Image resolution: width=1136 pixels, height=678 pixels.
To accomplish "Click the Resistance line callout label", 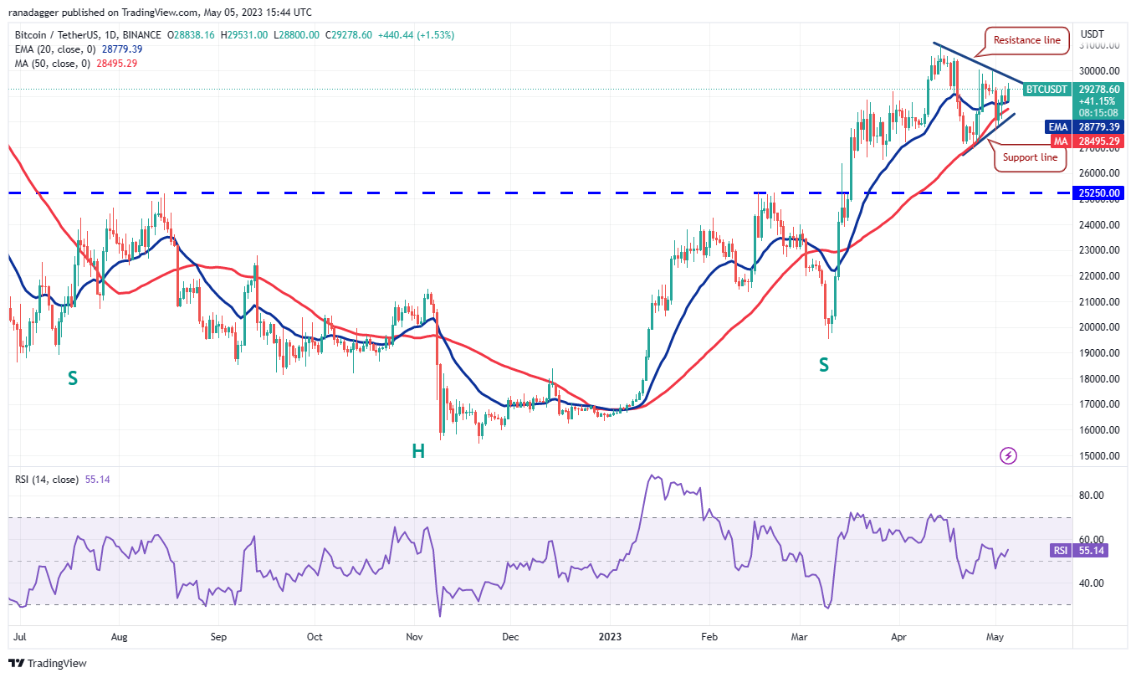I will [1026, 40].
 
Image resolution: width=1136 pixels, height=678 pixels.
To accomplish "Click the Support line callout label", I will [1030, 157].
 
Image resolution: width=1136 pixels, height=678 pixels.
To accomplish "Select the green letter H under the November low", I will [417, 451].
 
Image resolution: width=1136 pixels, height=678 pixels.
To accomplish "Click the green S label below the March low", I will [824, 364].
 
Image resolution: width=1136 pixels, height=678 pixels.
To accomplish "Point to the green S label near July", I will [73, 378].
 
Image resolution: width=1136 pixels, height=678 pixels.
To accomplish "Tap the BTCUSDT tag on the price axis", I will [1046, 89].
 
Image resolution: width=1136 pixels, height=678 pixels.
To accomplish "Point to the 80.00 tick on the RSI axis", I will [1091, 496].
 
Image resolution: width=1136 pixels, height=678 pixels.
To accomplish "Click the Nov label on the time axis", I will [414, 636].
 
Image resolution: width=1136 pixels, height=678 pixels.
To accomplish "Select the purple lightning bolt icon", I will [1009, 455].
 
